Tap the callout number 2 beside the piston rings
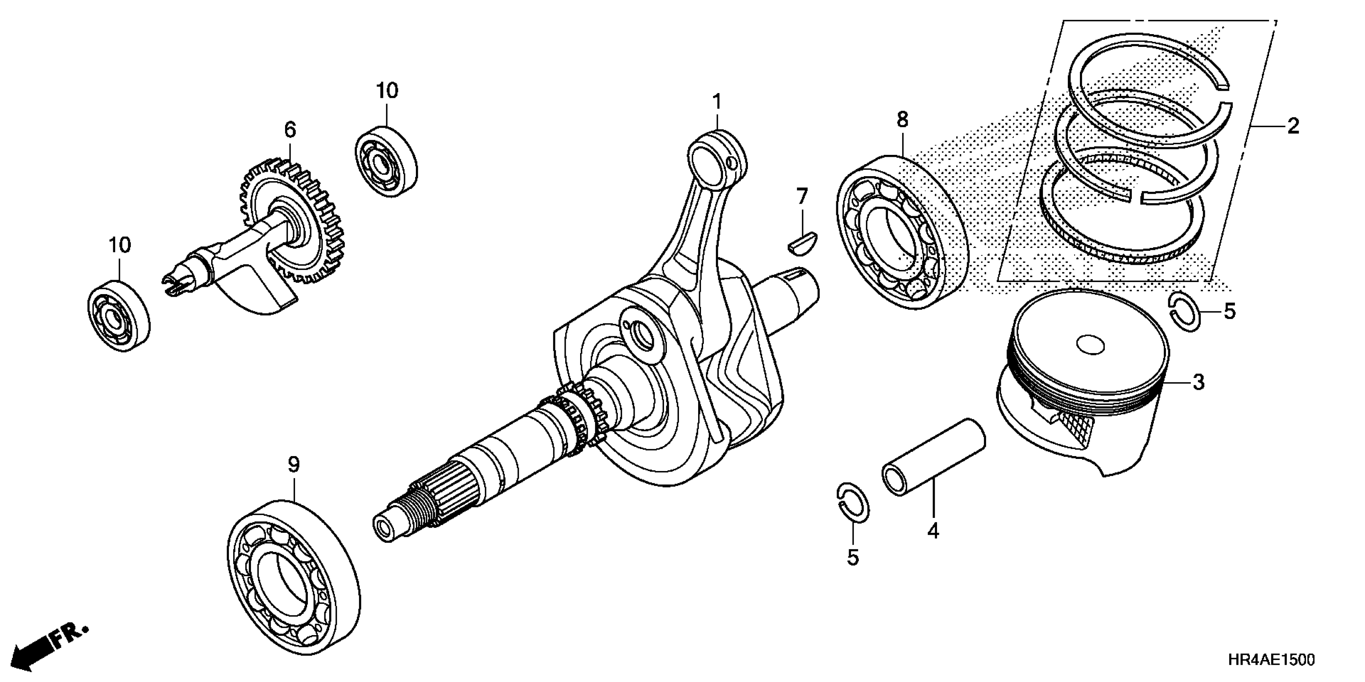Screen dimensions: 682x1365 click(1294, 126)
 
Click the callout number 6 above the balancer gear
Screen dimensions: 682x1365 click(290, 129)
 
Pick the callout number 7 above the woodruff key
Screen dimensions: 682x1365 click(802, 197)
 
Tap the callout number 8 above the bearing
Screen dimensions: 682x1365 click(903, 120)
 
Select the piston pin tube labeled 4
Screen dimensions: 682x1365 click(934, 456)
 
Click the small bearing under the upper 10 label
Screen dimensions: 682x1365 click(386, 162)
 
